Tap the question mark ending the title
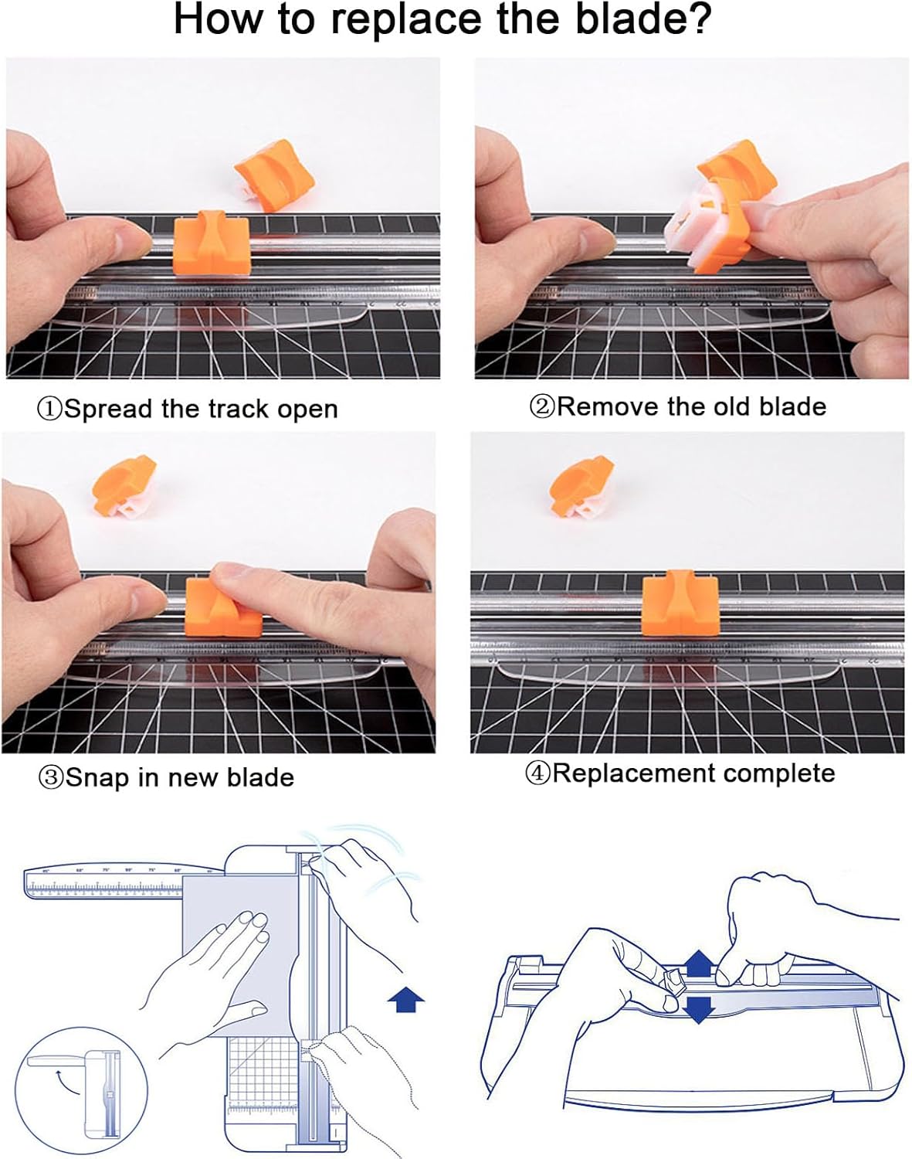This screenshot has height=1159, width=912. click(x=697, y=20)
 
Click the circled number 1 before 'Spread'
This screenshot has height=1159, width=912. click(x=49, y=409)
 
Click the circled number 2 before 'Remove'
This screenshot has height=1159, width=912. click(x=541, y=406)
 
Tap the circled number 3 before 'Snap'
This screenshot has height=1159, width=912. click(x=50, y=777)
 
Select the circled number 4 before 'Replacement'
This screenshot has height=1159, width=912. click(x=537, y=773)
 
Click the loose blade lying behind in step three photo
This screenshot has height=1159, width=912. click(x=124, y=485)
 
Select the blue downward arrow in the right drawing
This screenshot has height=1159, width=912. click(x=699, y=1008)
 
